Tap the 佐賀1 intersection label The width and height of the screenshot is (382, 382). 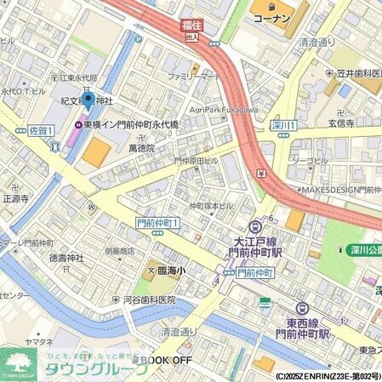click(40, 130)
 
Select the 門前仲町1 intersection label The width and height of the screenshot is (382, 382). click(157, 223)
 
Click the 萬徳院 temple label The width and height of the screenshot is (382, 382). click(141, 148)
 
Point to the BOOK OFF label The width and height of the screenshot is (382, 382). click(166, 360)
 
